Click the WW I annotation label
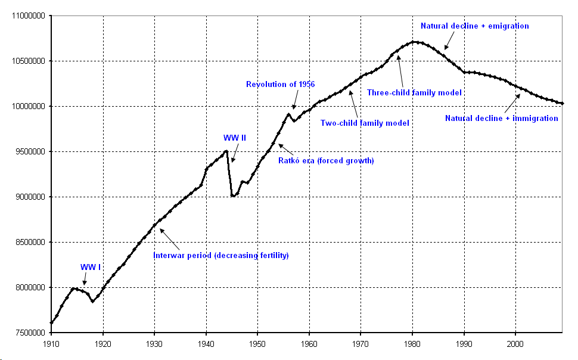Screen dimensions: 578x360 [x=91, y=267]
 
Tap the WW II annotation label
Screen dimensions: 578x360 [x=234, y=138]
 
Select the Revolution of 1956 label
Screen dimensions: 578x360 [x=281, y=85]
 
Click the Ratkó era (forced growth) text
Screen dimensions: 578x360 [x=326, y=160]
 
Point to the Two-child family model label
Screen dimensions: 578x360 [x=365, y=123]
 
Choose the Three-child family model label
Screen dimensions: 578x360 [x=414, y=92]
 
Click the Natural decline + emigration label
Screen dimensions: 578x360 [x=475, y=26]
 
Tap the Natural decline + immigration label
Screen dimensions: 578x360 [x=502, y=119]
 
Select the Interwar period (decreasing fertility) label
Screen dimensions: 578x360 [x=221, y=255]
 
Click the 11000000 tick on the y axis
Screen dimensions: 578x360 [x=29, y=16]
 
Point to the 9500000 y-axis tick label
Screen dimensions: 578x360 [x=30, y=151]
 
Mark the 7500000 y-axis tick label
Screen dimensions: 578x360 [x=30, y=333]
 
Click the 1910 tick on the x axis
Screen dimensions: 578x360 [x=51, y=344]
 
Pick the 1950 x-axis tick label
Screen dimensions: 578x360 [x=257, y=344]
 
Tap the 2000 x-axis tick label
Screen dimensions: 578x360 [x=515, y=344]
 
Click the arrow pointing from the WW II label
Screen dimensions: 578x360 [x=235, y=153]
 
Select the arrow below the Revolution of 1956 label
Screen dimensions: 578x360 [x=295, y=100]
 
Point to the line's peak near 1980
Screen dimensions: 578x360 [x=414, y=42]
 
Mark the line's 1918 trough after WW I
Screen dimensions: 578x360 [x=92, y=302]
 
